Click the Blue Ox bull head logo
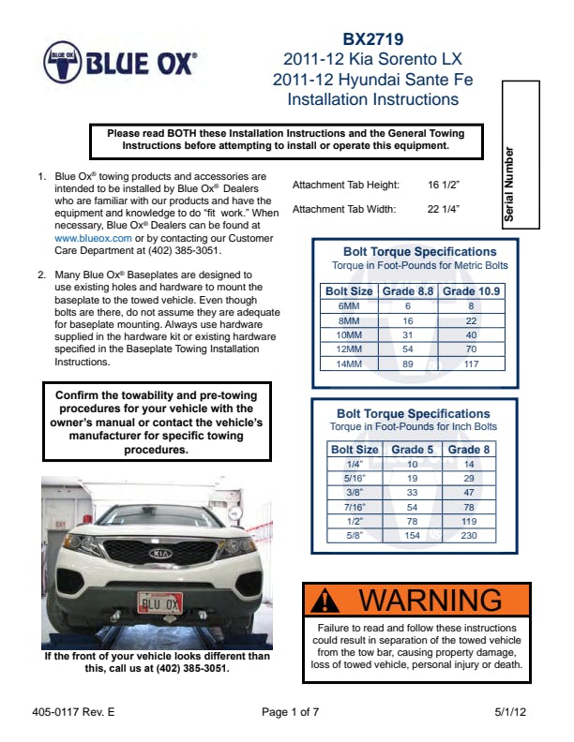coord(63,64)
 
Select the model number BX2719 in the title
coord(372,39)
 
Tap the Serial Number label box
coord(521,155)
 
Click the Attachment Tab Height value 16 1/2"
coord(445,185)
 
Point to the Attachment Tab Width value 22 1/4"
coord(445,209)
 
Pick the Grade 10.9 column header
coord(471,291)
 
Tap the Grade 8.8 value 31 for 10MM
coord(408,334)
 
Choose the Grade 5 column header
coord(413,450)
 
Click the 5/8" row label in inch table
coord(355,535)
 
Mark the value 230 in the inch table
coord(470,535)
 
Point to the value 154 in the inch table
coord(413,535)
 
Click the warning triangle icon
coord(324,600)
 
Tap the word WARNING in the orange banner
coord(431,600)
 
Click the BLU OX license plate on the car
coord(159,601)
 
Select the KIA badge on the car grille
coord(161,555)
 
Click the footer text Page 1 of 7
coord(291,712)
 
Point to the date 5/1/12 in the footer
coord(511,712)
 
